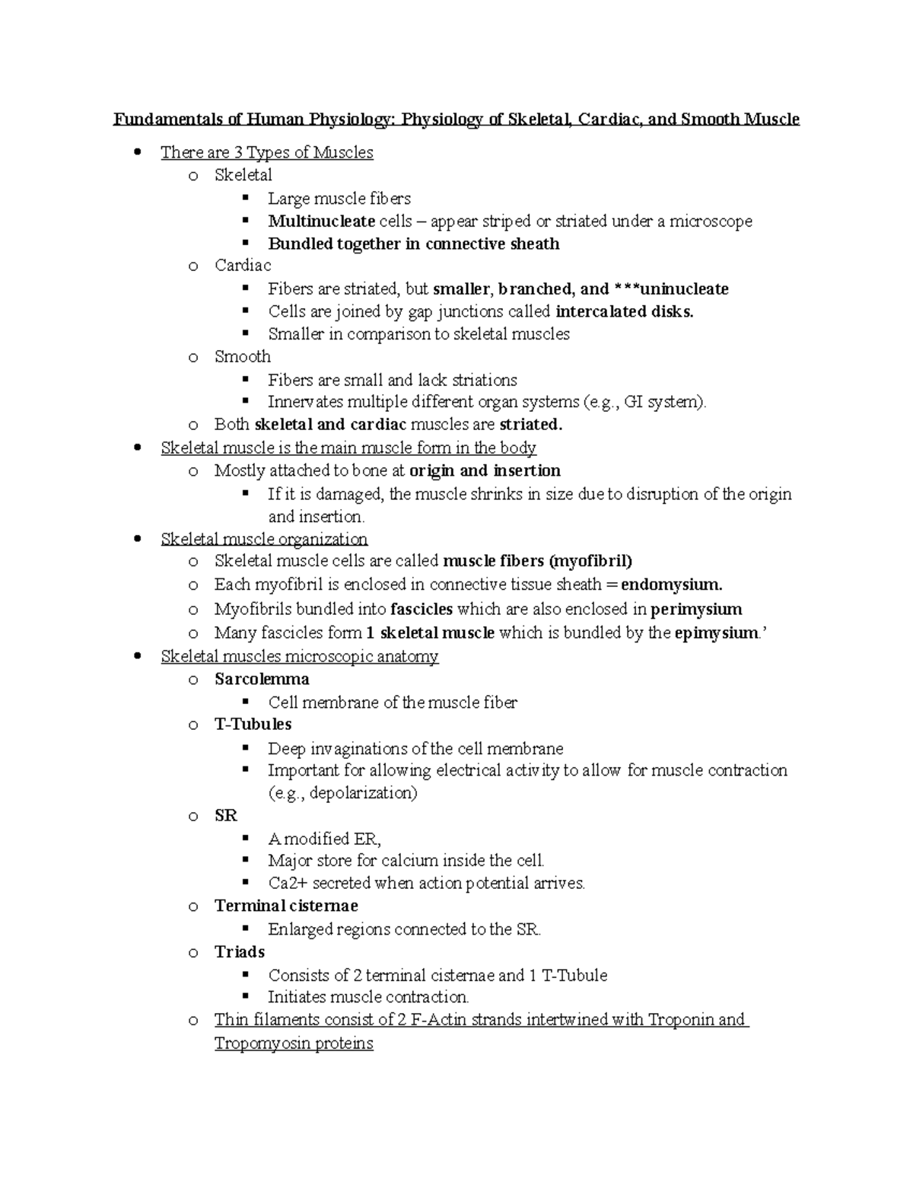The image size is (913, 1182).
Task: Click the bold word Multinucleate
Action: tap(321, 221)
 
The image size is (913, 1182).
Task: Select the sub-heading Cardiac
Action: tap(243, 266)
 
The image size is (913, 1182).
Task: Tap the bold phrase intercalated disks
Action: tap(625, 311)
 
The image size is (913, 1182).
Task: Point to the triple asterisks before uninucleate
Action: tap(626, 289)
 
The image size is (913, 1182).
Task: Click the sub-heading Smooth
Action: tap(242, 357)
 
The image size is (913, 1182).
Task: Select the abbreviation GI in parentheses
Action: tap(633, 403)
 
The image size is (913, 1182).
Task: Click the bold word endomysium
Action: tap(671, 585)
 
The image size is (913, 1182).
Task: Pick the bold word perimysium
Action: tap(696, 609)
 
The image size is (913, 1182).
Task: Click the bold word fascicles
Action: tap(422, 609)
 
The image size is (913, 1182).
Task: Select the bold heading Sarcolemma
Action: tap(262, 679)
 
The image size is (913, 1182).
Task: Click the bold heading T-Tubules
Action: tap(253, 725)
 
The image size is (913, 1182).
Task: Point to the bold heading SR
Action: tap(226, 816)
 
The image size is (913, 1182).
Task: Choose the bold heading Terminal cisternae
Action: tap(286, 906)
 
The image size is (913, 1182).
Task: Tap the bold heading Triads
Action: tap(240, 952)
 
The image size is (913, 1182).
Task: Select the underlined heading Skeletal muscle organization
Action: tap(264, 540)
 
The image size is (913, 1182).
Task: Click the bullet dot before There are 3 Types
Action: tap(137, 151)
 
